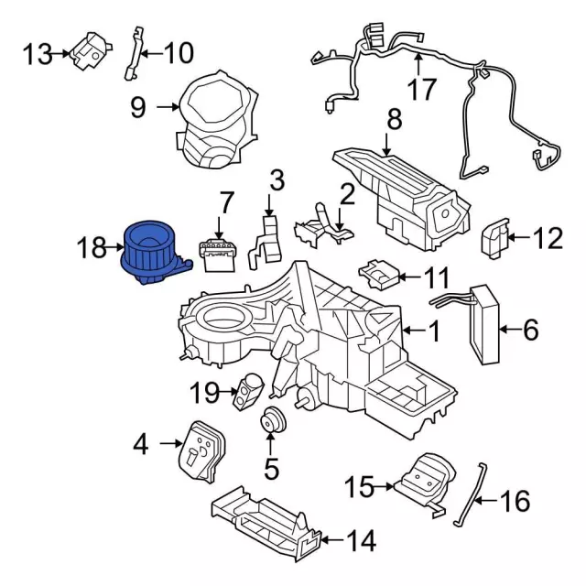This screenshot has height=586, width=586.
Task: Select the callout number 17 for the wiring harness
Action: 422,90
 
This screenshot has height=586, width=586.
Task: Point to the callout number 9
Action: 137,108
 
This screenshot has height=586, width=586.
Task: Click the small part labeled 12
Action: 494,238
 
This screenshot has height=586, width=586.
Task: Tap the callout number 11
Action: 436,275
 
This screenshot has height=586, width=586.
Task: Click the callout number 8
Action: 395,119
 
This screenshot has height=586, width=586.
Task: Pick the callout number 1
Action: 435,330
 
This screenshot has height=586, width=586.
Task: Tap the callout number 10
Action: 179,53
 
